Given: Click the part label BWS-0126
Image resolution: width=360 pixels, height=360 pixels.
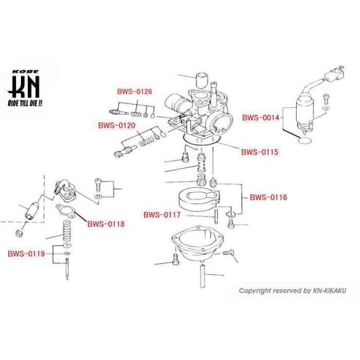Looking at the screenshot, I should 134,92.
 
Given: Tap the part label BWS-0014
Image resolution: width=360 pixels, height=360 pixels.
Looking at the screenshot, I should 260,117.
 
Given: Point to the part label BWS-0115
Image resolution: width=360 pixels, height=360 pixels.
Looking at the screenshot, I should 259,152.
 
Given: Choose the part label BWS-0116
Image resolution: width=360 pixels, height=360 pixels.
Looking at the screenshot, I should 268,197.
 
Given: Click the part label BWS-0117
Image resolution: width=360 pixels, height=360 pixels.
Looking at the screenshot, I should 162,215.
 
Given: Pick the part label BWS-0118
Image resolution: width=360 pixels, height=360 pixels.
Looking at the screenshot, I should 106,224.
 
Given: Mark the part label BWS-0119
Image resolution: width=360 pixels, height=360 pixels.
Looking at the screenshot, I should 26,254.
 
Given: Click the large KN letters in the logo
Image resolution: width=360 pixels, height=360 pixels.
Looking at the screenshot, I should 24,86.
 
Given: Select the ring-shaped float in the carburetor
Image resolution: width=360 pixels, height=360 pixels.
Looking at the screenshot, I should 199,200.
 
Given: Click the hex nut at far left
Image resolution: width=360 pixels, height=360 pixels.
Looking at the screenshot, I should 21,232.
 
